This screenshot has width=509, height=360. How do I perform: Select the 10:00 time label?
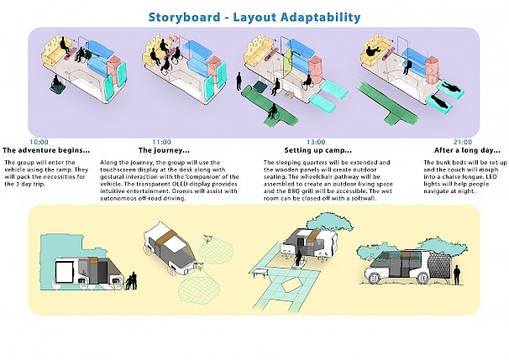click(x=40, y=142)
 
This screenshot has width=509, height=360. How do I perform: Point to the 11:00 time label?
click(x=160, y=142)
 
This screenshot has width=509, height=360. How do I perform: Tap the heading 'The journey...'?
click(x=160, y=150)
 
